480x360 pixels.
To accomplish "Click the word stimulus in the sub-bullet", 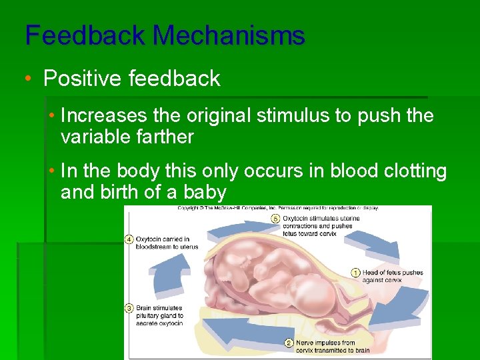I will [x=297, y=115].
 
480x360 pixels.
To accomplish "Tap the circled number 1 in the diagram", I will [x=355, y=272].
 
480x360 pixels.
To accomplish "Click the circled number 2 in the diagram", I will [x=289, y=343].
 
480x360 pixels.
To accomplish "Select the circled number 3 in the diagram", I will [x=129, y=308].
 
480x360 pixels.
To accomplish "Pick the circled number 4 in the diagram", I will [x=129, y=239].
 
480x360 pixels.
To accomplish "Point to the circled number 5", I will [x=275, y=218].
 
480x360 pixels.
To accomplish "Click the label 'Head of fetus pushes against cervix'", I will [x=392, y=276].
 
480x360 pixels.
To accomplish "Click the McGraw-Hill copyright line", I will [x=277, y=208].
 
